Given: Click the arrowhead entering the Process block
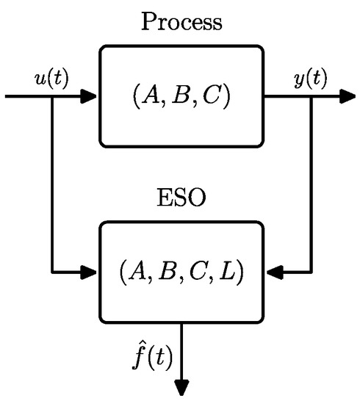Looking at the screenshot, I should [x=90, y=96].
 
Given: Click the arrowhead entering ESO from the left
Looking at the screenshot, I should [x=90, y=273].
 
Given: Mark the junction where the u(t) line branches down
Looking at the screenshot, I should [x=52, y=96].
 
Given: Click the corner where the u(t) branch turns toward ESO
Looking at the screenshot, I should [x=52, y=273].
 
